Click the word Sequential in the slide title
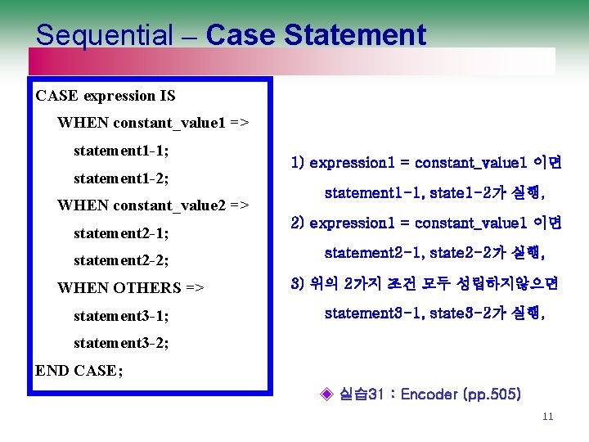[104, 35]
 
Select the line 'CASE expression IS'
[106, 96]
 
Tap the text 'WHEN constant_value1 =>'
[153, 124]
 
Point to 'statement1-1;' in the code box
[121, 151]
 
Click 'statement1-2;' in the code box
[121, 178]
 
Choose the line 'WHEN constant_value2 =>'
[153, 205]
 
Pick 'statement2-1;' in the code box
[121, 233]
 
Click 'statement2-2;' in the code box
[121, 260]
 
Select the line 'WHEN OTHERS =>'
[131, 288]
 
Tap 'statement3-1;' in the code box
[121, 315]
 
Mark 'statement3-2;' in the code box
[121, 343]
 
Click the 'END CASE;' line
[79, 370]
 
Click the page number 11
[547, 417]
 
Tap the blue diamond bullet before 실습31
[326, 395]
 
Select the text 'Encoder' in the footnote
[429, 395]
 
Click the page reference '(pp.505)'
[492, 395]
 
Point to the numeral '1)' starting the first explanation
[298, 163]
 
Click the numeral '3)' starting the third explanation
[298, 284]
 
